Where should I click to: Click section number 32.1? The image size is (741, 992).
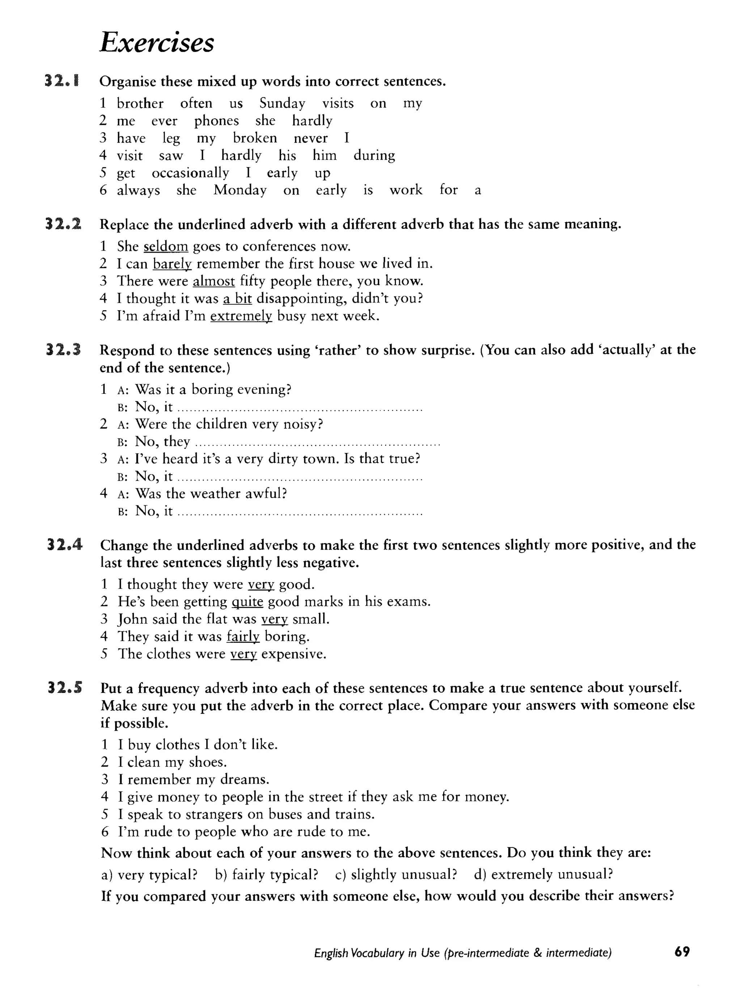click(x=62, y=81)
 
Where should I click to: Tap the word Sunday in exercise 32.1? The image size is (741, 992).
click(x=282, y=103)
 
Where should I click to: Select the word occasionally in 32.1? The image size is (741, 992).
click(x=190, y=173)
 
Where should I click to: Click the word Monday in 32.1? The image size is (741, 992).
click(x=240, y=190)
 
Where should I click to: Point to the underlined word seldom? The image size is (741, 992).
click(x=166, y=246)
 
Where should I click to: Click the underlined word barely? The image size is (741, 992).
click(x=172, y=264)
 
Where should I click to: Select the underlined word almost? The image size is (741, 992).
click(x=214, y=281)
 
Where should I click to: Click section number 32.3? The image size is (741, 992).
click(x=63, y=350)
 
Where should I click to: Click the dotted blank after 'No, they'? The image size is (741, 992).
click(x=317, y=444)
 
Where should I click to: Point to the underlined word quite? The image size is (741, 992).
click(x=247, y=602)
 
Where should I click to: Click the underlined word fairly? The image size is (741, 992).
click(x=243, y=637)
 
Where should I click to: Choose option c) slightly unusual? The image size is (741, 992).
click(x=396, y=874)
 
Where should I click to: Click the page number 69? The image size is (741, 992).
click(x=681, y=952)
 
